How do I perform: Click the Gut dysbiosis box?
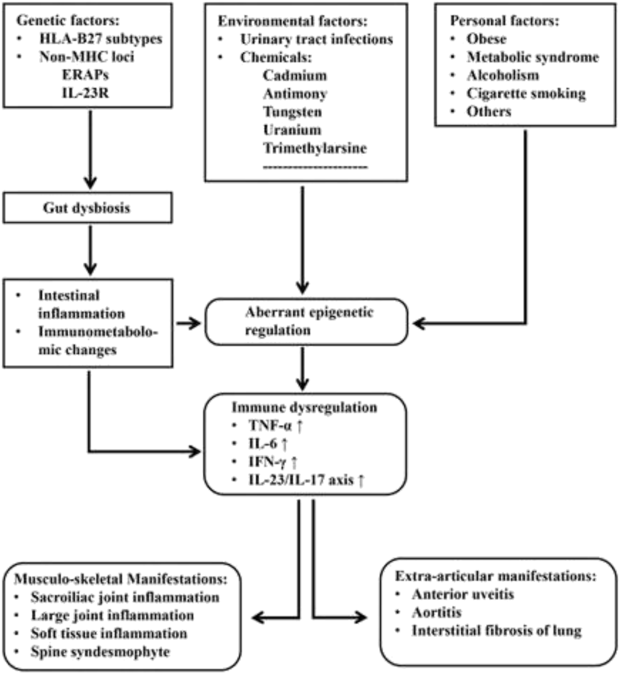tap(87, 208)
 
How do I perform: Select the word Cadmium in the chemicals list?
tap(295, 76)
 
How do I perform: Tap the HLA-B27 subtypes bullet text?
tap(100, 38)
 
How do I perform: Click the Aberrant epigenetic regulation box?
tap(306, 321)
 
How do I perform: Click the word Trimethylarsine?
tap(315, 148)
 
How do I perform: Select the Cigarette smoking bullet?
tap(526, 94)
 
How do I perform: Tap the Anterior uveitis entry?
tap(462, 594)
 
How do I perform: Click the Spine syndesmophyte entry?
tap(100, 651)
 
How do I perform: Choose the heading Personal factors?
tap(504, 20)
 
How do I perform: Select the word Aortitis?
tap(437, 612)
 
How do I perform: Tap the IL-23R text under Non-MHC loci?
tap(85, 93)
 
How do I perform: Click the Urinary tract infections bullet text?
tap(316, 39)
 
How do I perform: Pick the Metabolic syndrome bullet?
tap(532, 57)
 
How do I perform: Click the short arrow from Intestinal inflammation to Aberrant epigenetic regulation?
tap(188, 323)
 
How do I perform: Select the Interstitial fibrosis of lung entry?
tap(496, 630)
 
